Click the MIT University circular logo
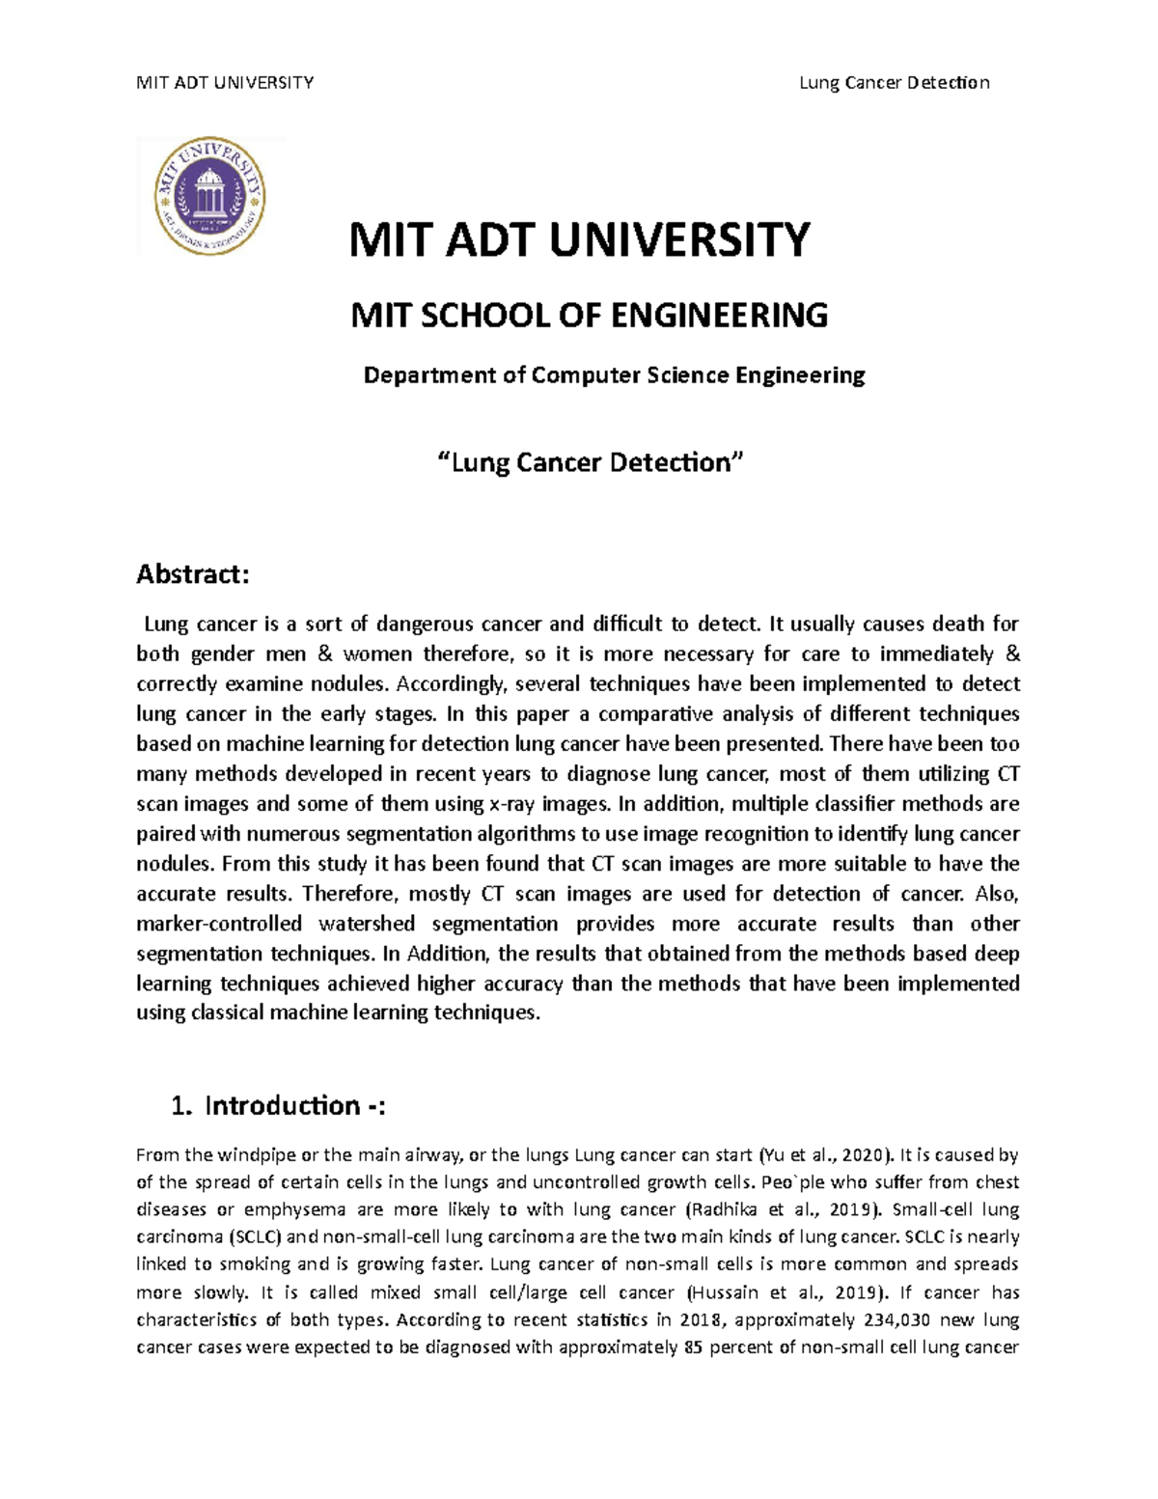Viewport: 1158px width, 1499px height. pyautogui.click(x=210, y=197)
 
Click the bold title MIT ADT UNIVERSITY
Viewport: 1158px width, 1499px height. pyautogui.click(x=579, y=239)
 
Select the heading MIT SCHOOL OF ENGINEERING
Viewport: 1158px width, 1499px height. pyautogui.click(x=589, y=315)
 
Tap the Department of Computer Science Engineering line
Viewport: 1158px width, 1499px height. pyautogui.click(x=614, y=375)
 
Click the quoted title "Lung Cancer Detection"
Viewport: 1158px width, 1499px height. pyautogui.click(x=592, y=462)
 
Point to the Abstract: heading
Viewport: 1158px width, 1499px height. pyautogui.click(x=193, y=574)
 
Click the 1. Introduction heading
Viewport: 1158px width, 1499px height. pyautogui.click(x=278, y=1105)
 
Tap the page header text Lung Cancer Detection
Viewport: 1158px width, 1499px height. pyautogui.click(x=894, y=82)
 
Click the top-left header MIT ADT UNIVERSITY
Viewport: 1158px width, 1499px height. pyautogui.click(x=225, y=82)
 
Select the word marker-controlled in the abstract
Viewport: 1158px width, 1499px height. pyautogui.click(x=219, y=924)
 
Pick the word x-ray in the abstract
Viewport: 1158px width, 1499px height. pyautogui.click(x=513, y=804)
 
